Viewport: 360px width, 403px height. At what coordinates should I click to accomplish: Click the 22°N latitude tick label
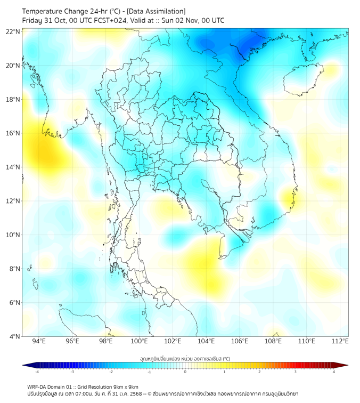tap(13, 31)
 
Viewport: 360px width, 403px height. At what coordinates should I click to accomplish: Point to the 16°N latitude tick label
tap(13, 133)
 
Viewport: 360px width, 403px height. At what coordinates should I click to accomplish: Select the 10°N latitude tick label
tap(13, 235)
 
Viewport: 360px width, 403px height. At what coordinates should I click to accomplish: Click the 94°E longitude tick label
tap(39, 341)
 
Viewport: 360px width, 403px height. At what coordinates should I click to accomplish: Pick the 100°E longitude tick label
tap(139, 341)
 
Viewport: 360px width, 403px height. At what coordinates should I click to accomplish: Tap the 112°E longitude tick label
tap(340, 341)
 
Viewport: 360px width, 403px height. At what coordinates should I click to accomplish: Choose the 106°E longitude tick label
tap(240, 341)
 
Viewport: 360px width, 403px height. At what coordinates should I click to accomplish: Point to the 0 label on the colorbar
tap(185, 372)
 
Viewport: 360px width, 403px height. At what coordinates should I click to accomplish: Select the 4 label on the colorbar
tap(334, 372)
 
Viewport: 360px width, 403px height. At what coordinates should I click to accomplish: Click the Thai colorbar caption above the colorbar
tap(185, 358)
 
